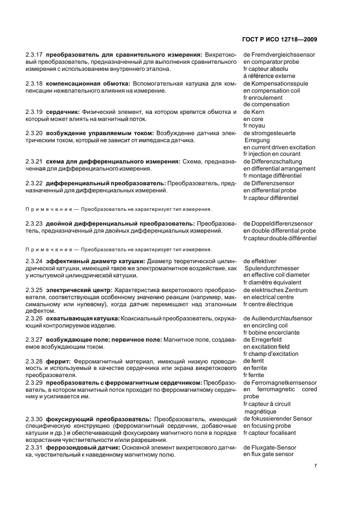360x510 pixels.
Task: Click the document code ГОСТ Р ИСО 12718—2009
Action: pyautogui.click(x=278, y=39)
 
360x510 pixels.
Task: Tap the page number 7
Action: pyautogui.click(x=315, y=466)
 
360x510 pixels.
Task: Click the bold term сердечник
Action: pyautogui.click(x=63, y=112)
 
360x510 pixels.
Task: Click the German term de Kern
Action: pyautogui.click(x=254, y=112)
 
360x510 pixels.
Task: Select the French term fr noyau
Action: pyautogui.click(x=255, y=126)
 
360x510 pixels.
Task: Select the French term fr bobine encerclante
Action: pyautogui.click(x=271, y=332)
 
